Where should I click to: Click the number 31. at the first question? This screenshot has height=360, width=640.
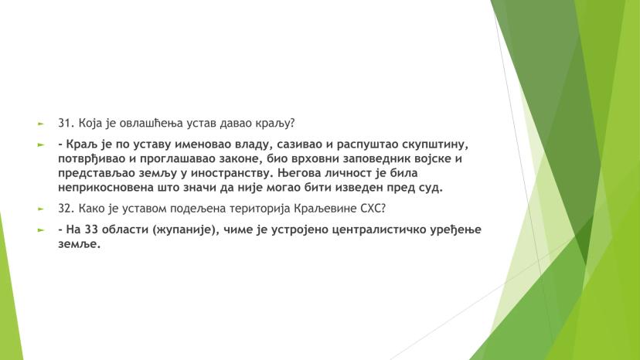66,123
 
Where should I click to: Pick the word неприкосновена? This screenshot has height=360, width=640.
106,188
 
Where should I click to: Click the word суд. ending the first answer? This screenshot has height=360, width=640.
431,188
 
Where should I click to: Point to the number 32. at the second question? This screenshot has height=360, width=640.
66,209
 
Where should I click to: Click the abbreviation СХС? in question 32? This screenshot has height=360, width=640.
372,209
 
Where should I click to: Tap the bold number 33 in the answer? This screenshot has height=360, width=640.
91,229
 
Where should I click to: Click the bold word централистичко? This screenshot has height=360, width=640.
379,230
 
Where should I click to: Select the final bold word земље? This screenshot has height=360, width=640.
79,244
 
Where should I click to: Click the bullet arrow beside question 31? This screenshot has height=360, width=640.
40,124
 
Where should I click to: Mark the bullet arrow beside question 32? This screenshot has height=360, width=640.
40,209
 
